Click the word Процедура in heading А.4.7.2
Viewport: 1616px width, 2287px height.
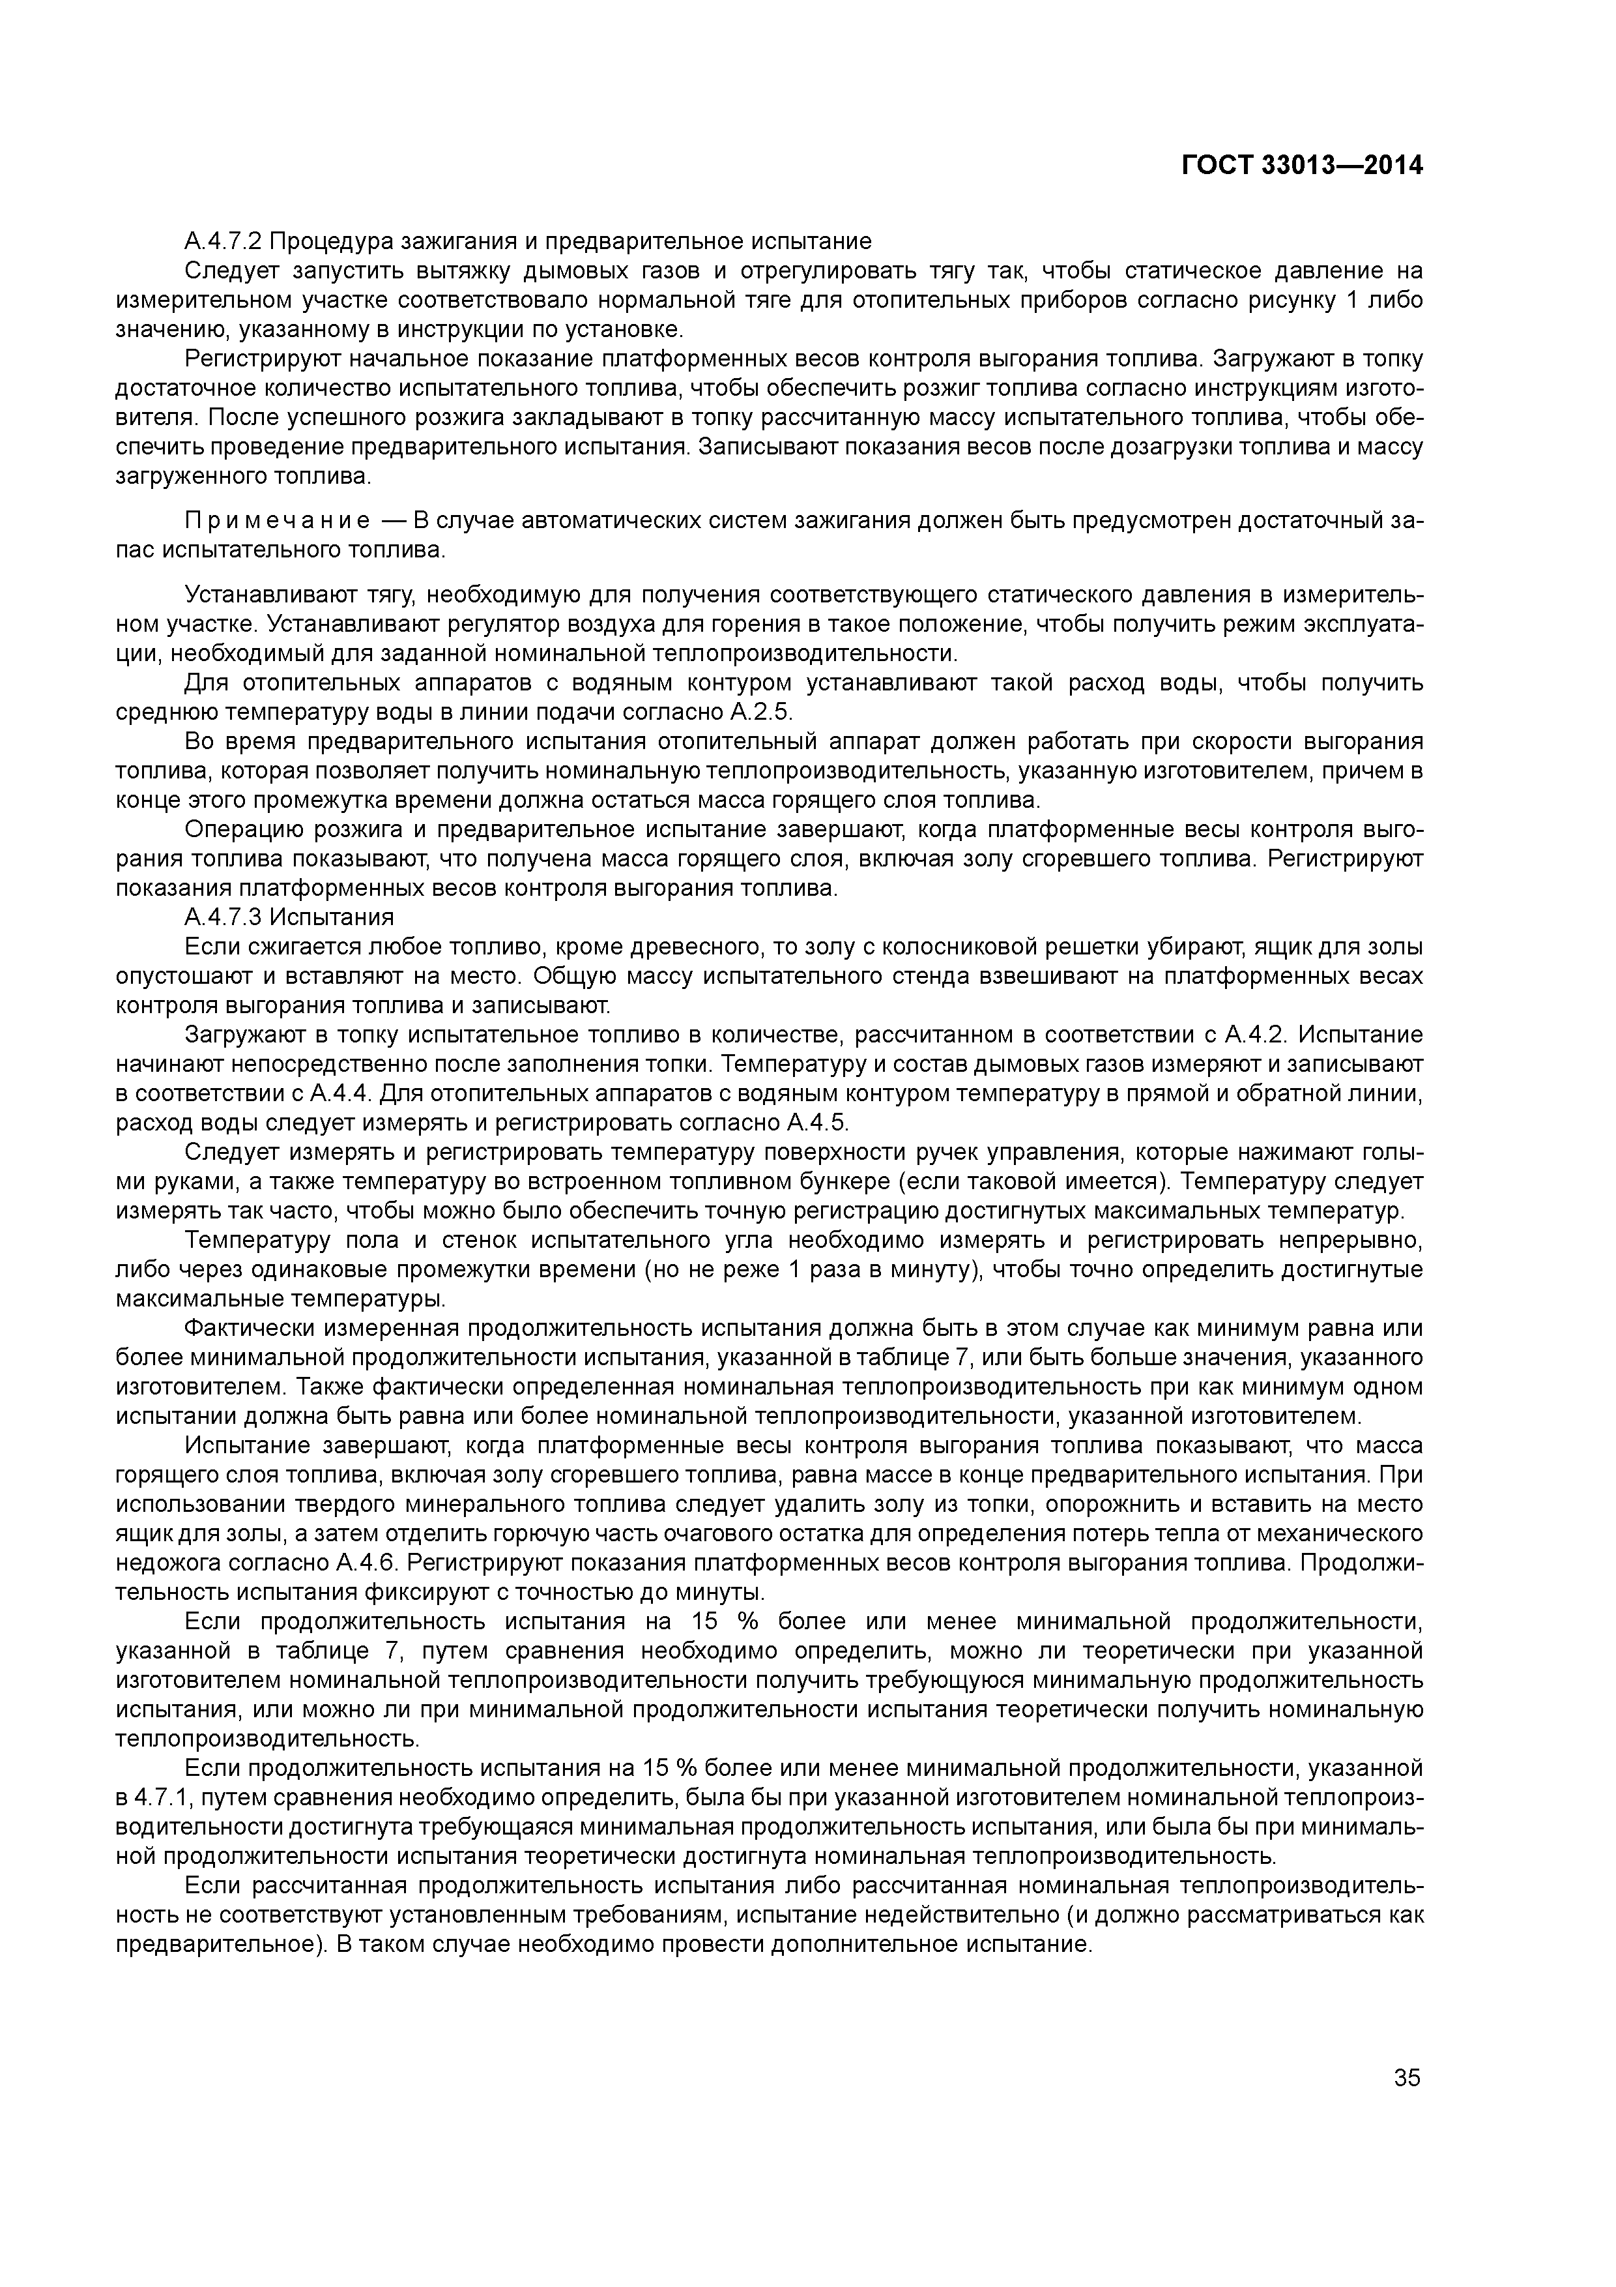(x=332, y=242)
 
